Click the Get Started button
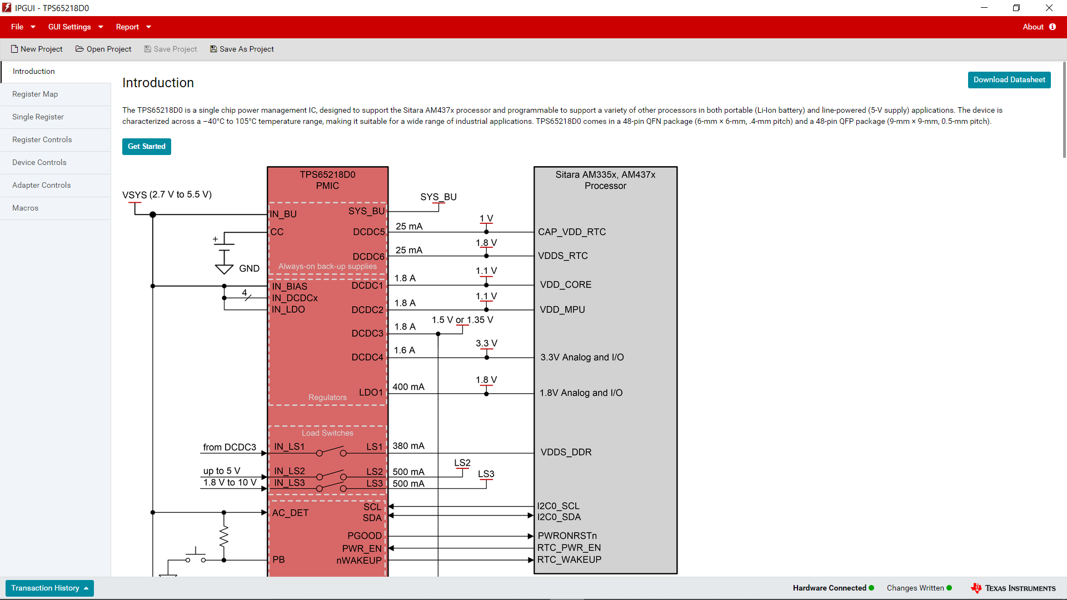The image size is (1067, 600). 146,147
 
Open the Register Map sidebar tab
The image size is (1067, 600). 35,94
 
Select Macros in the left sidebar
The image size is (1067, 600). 26,208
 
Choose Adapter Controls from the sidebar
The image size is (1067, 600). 42,186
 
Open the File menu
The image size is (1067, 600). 23,27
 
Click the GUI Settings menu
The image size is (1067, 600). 76,27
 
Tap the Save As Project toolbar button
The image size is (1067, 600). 242,49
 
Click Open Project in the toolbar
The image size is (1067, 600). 103,49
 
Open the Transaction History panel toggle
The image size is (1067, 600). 49,588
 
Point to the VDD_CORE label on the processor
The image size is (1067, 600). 566,285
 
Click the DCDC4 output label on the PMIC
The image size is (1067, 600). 367,358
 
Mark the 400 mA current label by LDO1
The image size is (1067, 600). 408,387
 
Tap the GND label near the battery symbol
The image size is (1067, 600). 249,269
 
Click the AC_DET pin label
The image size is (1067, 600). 290,513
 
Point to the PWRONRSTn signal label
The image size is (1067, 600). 567,536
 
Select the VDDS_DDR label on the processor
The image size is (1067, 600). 566,452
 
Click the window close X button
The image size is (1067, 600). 1049,8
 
